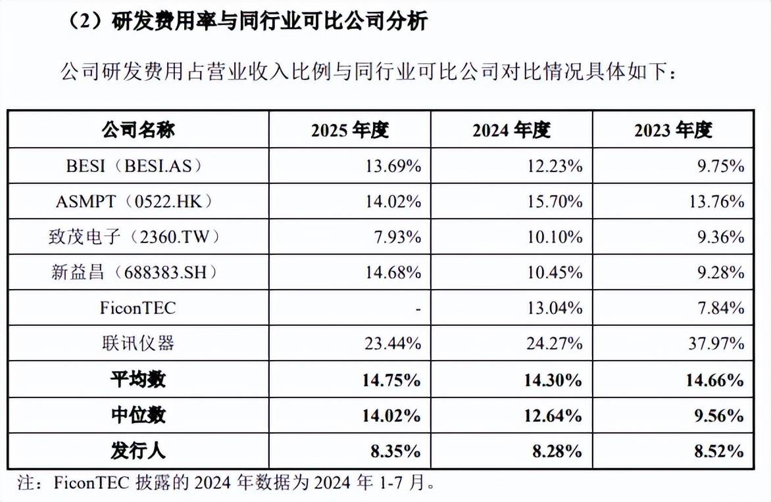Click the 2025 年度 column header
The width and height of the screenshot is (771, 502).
coord(349,130)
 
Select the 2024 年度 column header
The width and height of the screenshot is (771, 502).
coord(511,130)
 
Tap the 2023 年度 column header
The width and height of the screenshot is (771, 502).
coord(673,130)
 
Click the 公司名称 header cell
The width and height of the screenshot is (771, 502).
coord(138,129)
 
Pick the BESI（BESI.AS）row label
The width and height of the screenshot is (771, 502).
coord(134,166)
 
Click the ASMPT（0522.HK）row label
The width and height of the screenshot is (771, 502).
coord(134,201)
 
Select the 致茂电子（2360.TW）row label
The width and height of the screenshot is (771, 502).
coord(134,237)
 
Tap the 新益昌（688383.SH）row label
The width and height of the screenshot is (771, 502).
coord(134,272)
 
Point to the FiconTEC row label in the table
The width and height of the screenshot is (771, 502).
coord(137,308)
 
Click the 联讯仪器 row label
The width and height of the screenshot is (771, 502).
coord(138,343)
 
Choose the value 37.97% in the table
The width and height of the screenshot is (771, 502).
coord(716,344)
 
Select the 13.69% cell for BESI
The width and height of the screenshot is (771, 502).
coord(393,166)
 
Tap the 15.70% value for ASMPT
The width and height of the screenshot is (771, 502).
coord(555,202)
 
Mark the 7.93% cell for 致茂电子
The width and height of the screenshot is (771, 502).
coord(397,237)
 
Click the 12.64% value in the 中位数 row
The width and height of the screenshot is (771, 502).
coord(553,416)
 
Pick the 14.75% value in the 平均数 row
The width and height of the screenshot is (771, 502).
coord(391,380)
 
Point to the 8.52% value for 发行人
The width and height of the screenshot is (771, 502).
coord(719,451)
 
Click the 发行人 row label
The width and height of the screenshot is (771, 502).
coord(138,451)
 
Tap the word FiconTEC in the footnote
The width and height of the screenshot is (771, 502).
coord(92,483)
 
